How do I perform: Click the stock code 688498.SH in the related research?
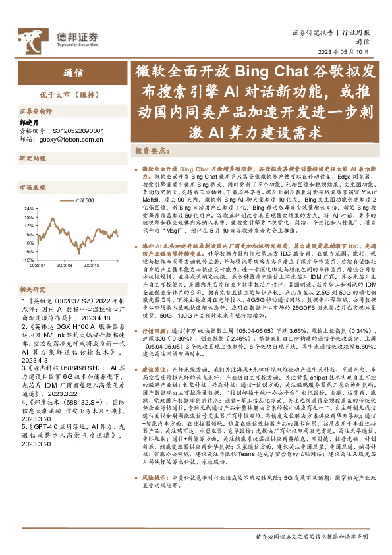[x=70, y=367]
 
